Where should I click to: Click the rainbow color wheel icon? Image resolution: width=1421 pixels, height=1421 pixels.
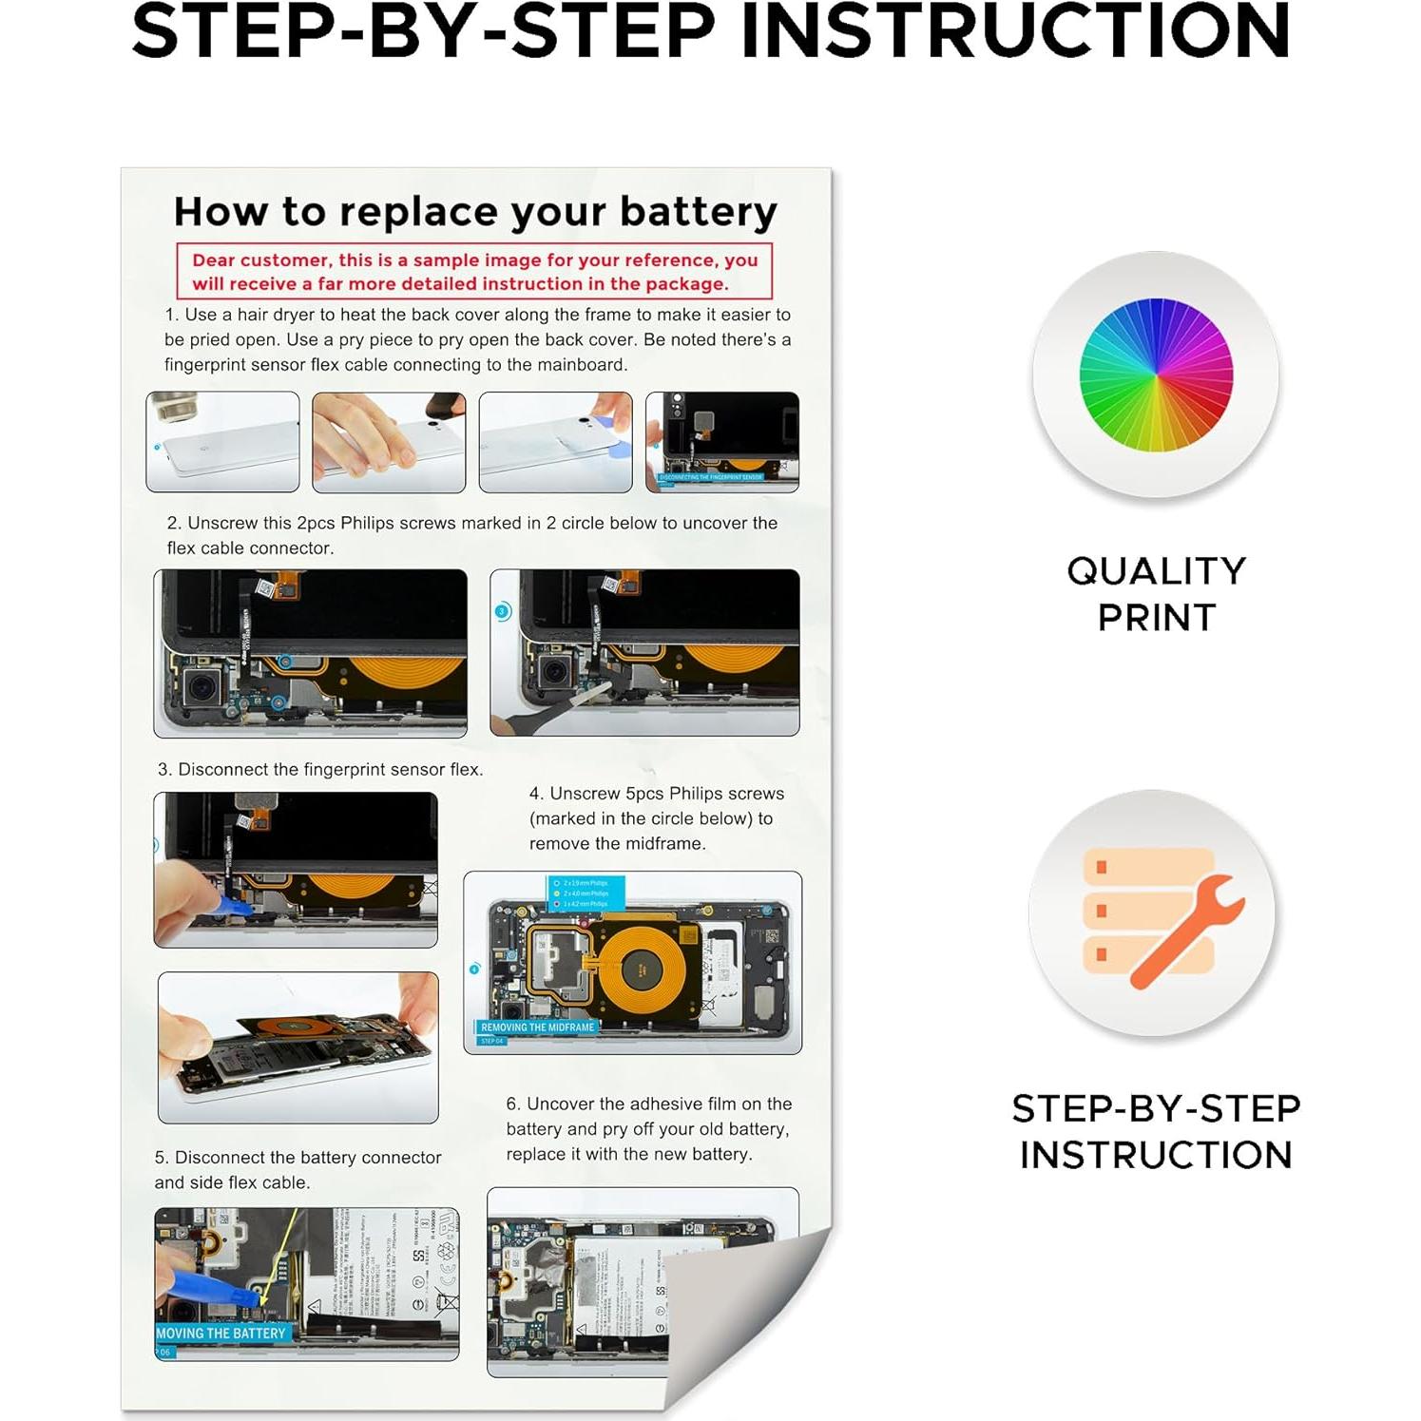(1156, 374)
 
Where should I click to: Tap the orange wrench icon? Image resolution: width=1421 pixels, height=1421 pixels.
(1186, 931)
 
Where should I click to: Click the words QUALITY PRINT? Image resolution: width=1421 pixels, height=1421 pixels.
(1156, 593)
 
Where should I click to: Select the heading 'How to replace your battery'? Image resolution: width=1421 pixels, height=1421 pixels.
(475, 211)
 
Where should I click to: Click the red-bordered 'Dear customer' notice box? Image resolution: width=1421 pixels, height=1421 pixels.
(473, 272)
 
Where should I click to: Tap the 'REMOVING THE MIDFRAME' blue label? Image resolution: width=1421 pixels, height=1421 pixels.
(537, 1027)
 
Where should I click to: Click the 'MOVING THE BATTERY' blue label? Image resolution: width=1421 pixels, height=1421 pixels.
(221, 1333)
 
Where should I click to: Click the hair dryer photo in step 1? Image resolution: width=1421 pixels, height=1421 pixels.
(222, 442)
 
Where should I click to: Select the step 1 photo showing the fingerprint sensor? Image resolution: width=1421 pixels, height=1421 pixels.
(721, 442)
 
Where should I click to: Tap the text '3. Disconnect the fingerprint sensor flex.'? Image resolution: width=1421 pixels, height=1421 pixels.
(320, 769)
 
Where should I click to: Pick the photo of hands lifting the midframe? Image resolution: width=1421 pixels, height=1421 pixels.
(298, 1047)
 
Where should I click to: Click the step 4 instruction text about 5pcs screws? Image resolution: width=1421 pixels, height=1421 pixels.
(656, 818)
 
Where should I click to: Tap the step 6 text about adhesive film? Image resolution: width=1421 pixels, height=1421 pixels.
(648, 1128)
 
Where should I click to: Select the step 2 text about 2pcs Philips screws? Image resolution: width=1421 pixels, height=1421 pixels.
(471, 535)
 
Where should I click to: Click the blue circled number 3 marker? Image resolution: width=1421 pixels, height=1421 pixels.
(503, 611)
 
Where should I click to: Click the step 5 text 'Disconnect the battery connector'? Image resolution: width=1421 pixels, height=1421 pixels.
(298, 1169)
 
